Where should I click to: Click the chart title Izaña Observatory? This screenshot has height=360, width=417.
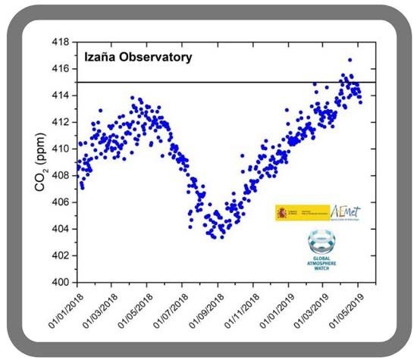click(137, 57)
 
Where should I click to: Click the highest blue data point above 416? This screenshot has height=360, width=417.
click(350, 60)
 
